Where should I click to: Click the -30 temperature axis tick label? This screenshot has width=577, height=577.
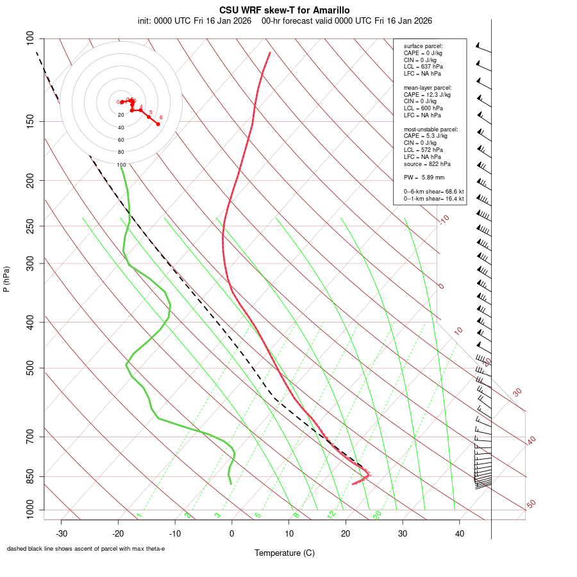click(62, 533)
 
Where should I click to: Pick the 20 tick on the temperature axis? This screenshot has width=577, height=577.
click(346, 533)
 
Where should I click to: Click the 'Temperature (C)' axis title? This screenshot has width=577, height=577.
click(285, 553)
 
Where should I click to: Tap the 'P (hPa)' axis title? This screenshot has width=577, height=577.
click(6, 279)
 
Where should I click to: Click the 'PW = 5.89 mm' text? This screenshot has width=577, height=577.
click(424, 177)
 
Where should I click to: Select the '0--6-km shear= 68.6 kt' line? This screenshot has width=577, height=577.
click(434, 192)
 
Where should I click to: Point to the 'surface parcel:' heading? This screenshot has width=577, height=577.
click(423, 46)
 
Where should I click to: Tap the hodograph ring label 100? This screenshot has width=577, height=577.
click(121, 165)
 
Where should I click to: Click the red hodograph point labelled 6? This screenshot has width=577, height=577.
click(158, 124)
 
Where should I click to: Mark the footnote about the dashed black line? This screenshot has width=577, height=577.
click(86, 549)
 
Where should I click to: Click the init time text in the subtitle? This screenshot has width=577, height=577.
click(194, 21)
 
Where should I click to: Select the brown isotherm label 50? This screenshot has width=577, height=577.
click(531, 505)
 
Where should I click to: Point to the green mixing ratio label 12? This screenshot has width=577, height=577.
click(331, 514)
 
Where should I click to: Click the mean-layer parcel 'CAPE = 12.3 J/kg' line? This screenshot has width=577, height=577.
click(427, 94)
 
